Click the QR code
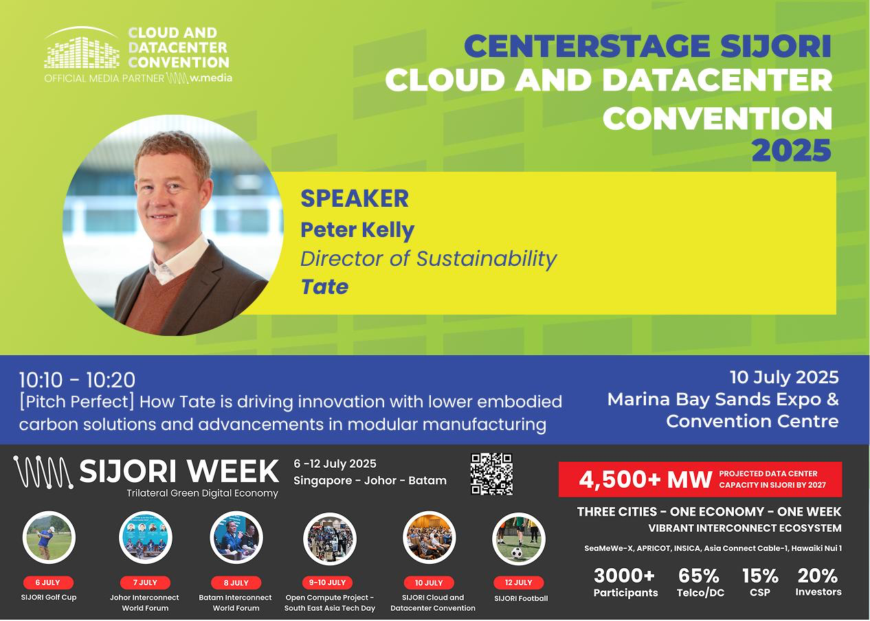click(491, 474)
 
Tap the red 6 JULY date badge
click(48, 582)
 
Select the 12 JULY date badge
click(519, 582)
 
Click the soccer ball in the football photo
click(517, 553)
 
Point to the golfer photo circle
click(49, 537)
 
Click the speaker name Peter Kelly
click(357, 230)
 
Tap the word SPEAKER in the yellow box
click(355, 199)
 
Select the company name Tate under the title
click(324, 287)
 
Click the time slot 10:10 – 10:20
click(77, 380)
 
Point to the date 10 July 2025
click(785, 377)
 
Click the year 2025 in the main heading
click(792, 150)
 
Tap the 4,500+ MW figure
click(645, 479)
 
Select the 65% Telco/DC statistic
click(700, 582)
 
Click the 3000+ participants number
click(624, 576)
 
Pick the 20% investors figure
click(818, 582)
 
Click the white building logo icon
click(82, 48)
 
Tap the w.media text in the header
click(211, 78)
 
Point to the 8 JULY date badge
click(236, 582)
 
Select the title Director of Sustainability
click(428, 259)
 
